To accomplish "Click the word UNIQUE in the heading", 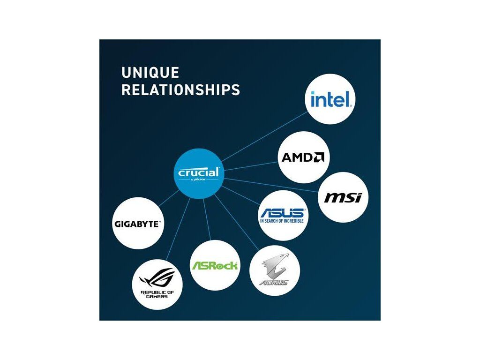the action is pos(150,73).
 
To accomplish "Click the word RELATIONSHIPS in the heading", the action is pos(180,90).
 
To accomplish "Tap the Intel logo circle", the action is pos(330,100).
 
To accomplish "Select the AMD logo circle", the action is pos(303,157).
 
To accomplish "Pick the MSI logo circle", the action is pos(343,197).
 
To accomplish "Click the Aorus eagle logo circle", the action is pos(275,271).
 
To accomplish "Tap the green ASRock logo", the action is pos(215,265).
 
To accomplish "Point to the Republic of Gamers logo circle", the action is pos(157,284).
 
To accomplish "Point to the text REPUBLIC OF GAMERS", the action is pos(157,294).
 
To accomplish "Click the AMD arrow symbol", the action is pos(319,157).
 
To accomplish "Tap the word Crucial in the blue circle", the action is pos(198,172).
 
